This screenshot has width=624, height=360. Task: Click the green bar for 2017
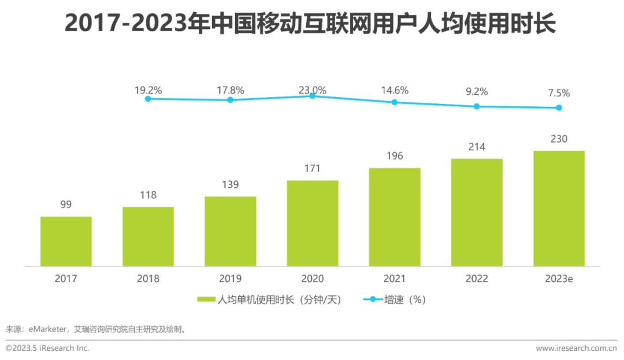66,242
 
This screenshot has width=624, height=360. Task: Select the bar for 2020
313,223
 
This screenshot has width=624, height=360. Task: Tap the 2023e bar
559,209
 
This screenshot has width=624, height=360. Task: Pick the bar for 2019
230,231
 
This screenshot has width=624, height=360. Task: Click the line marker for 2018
148,99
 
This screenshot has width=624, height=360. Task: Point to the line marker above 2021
395,102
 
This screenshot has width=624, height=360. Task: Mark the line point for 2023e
559,107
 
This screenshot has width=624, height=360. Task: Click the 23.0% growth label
312,90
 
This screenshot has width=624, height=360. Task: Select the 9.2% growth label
477,91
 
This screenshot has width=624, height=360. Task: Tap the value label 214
477,147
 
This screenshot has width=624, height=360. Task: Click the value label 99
66,205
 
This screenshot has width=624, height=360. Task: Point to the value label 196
395,156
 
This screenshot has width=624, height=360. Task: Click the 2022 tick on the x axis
477,279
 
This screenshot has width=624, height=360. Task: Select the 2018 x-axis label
148,279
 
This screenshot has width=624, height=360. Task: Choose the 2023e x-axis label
559,279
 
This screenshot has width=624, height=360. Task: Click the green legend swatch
206,299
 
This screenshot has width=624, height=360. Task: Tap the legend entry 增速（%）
404,299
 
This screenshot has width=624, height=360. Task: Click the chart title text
311,24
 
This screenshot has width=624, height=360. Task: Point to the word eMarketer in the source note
47,329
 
